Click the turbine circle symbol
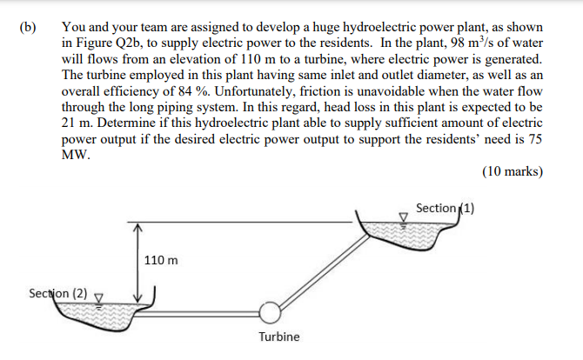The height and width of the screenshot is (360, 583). tap(270, 310)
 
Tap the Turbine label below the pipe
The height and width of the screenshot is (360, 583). tap(278, 337)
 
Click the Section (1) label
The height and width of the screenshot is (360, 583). tap(445, 208)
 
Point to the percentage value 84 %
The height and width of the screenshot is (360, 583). tap(199, 90)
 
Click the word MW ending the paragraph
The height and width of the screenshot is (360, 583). tap(76, 154)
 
